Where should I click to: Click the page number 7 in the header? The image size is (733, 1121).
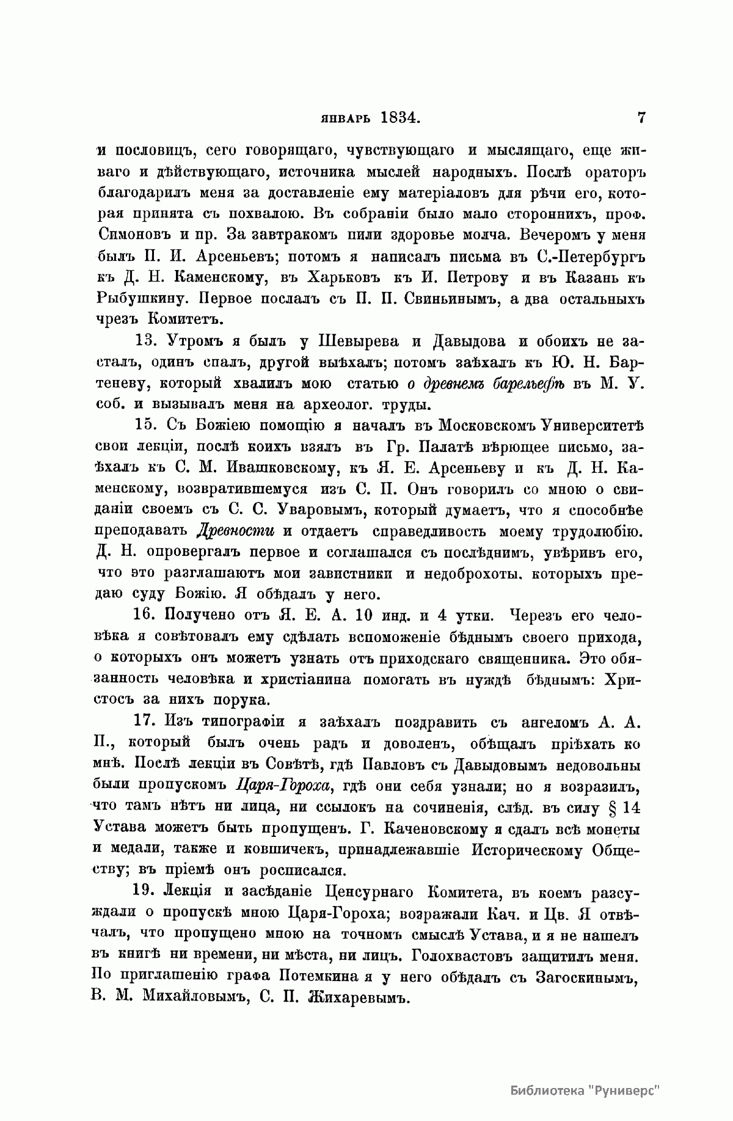(641, 118)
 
